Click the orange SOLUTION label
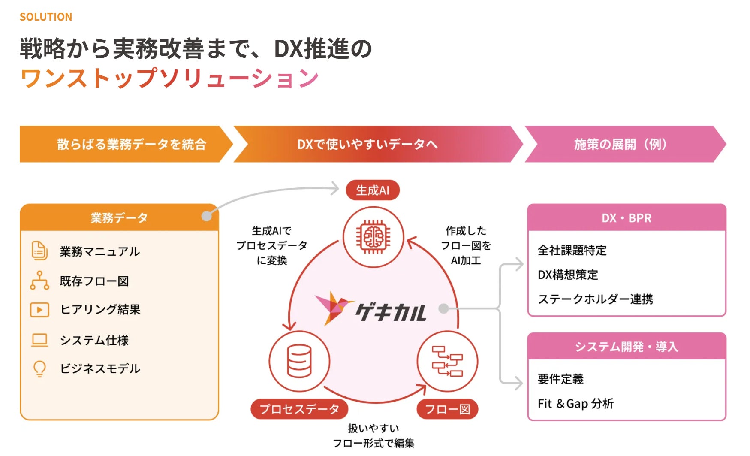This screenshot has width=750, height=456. pyautogui.click(x=46, y=17)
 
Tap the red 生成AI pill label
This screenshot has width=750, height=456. pyautogui.click(x=373, y=190)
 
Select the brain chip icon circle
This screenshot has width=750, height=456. pyautogui.click(x=373, y=237)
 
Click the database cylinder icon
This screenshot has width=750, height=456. pyautogui.click(x=299, y=361)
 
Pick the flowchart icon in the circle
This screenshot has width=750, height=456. pyautogui.click(x=447, y=361)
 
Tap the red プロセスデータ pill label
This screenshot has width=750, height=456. pyautogui.click(x=299, y=409)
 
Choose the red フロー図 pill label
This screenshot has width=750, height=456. pyautogui.click(x=447, y=409)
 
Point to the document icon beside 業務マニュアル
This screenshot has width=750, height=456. pyautogui.click(x=39, y=251)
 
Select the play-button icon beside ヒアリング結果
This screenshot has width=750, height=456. pyautogui.click(x=39, y=310)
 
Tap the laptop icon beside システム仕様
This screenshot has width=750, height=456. pyautogui.click(x=39, y=340)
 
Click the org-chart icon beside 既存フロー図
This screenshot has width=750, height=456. pyautogui.click(x=39, y=281)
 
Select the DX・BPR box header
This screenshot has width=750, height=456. pyautogui.click(x=627, y=218)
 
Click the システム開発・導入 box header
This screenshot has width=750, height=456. pyautogui.click(x=627, y=347)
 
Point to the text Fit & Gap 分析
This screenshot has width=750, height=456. pyautogui.click(x=575, y=404)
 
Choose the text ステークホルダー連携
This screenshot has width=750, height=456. pyautogui.click(x=595, y=299)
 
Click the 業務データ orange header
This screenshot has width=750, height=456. pyautogui.click(x=119, y=218)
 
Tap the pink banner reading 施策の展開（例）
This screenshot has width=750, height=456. pyautogui.click(x=621, y=144)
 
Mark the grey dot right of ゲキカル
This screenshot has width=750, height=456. pyautogui.click(x=444, y=308)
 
